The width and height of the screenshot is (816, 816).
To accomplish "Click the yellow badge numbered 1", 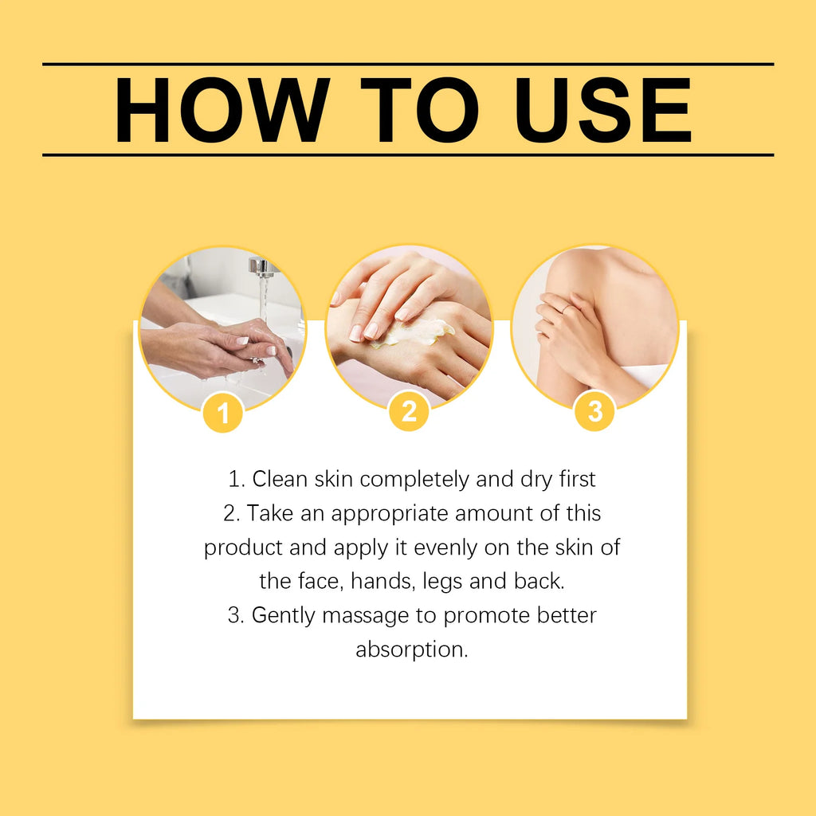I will pos(222,413).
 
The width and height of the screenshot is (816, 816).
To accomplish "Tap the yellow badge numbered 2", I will pos(409,412).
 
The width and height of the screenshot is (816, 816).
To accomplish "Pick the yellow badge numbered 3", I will pos(594,412).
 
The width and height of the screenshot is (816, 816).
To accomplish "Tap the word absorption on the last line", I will pos(410,649).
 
